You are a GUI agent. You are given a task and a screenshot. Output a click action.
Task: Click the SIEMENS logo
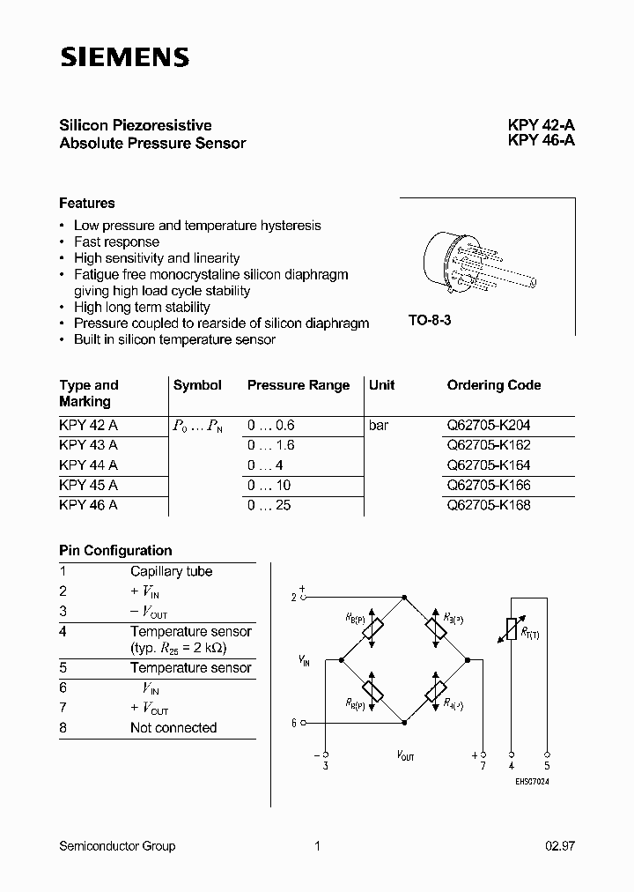pos(124,58)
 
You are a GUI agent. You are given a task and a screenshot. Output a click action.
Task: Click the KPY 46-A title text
pos(541,142)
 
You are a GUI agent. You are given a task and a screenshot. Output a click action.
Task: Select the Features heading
pos(87,203)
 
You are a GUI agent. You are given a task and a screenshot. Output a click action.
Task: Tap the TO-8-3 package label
pos(430,321)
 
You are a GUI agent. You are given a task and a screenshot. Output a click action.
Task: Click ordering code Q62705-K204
pos(489,425)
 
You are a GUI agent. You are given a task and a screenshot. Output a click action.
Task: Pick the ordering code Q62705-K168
pos(489,505)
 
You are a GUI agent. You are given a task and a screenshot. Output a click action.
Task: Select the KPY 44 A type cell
pos(88,465)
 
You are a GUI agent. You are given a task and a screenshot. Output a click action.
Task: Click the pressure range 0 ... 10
pos(269,485)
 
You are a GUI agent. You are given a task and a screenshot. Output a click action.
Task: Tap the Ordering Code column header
pos(494,385)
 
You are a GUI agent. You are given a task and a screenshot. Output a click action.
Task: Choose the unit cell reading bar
pos(379,425)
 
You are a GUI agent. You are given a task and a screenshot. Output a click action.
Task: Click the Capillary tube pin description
pos(171,571)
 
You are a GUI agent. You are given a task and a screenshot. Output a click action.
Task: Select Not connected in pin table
pos(173,727)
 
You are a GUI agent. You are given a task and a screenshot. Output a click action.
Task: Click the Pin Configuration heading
pos(115,550)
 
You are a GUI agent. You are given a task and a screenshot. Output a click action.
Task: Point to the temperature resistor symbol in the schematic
pos(510,628)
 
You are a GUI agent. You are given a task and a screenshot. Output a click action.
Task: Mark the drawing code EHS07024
pos(533,782)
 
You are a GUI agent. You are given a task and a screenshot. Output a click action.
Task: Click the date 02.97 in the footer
pos(560,846)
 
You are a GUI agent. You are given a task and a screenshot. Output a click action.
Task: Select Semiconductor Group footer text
pos(117,846)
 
